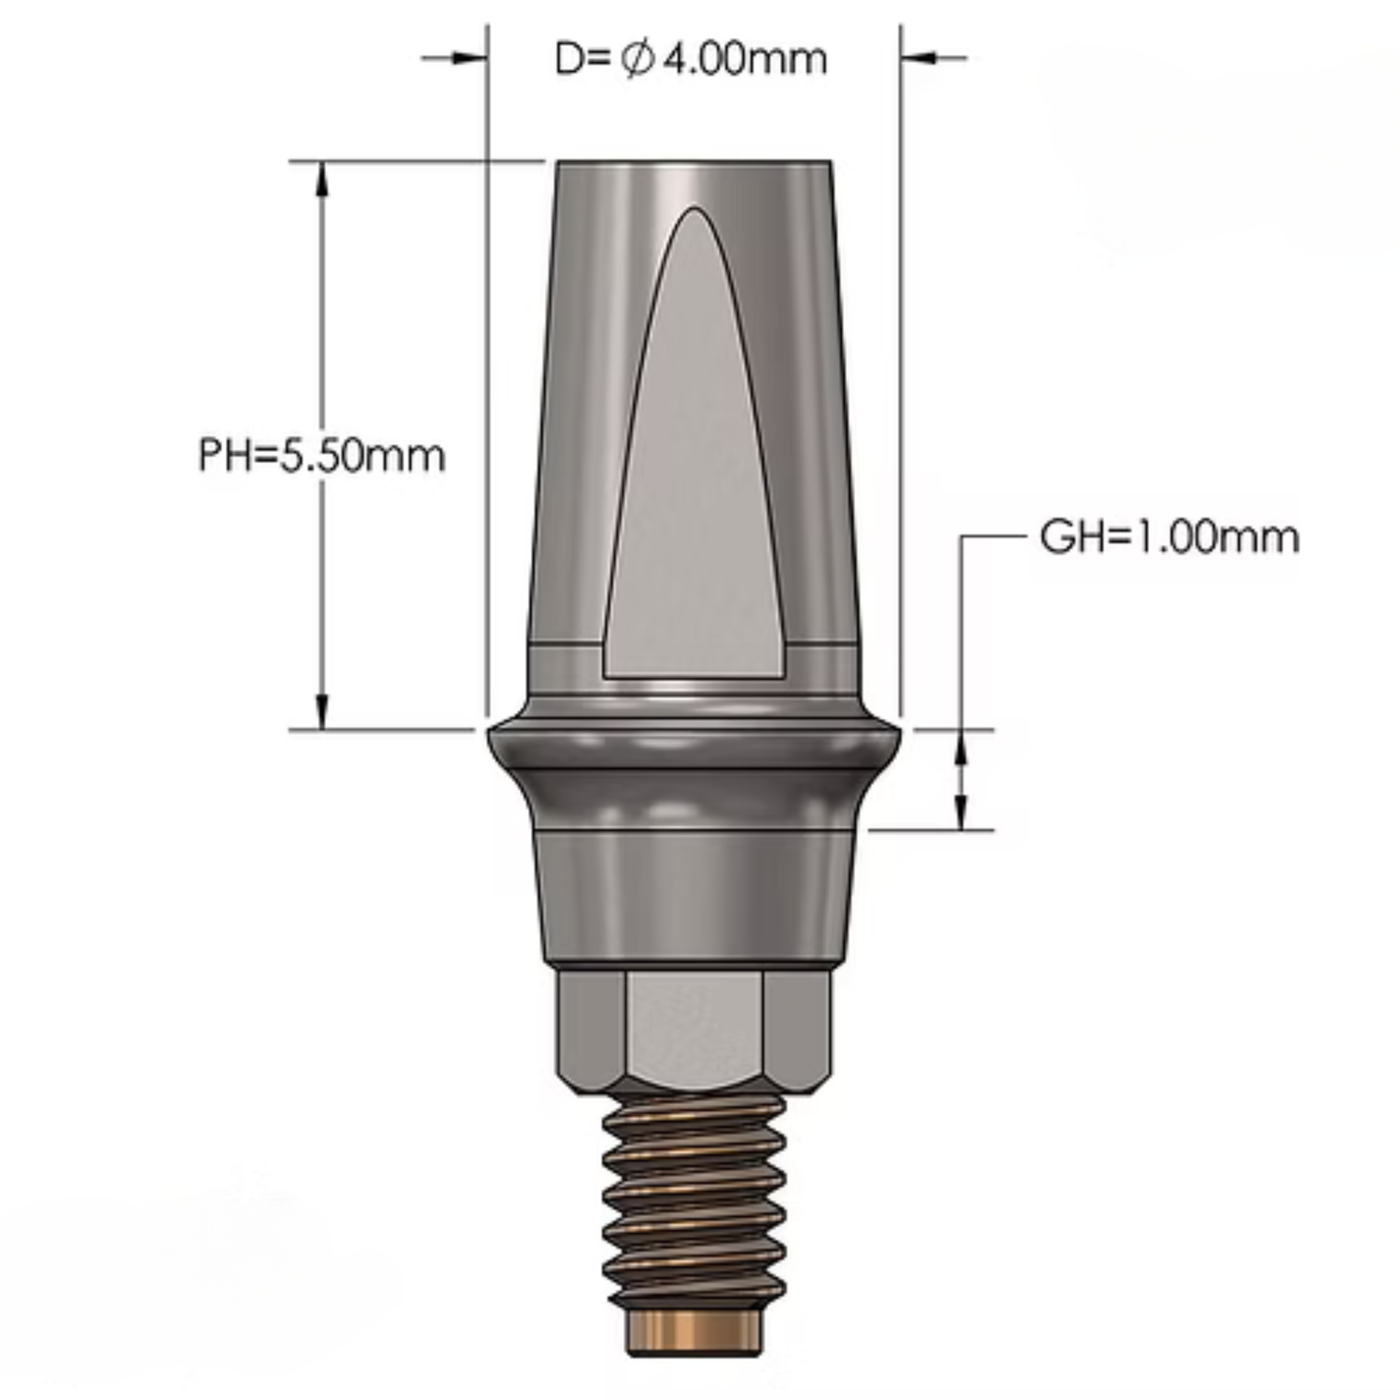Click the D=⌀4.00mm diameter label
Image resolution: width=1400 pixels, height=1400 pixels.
[x=690, y=59]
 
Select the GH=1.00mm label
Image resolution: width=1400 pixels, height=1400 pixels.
[x=1169, y=538]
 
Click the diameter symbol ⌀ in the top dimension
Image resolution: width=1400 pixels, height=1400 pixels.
[x=638, y=59]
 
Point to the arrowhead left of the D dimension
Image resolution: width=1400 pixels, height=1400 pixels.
[x=468, y=57]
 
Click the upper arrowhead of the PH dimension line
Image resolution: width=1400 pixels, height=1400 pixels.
[x=322, y=178]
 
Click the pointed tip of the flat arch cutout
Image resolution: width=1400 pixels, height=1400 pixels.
[x=694, y=211]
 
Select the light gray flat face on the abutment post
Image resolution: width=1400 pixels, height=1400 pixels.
[x=694, y=507]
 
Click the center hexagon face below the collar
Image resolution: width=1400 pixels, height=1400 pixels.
[x=694, y=1029]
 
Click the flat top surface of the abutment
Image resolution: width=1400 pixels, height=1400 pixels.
[x=694, y=164]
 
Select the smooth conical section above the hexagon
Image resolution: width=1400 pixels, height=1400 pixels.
[x=694, y=899]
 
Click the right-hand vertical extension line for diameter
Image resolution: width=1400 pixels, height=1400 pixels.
[x=901, y=363]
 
